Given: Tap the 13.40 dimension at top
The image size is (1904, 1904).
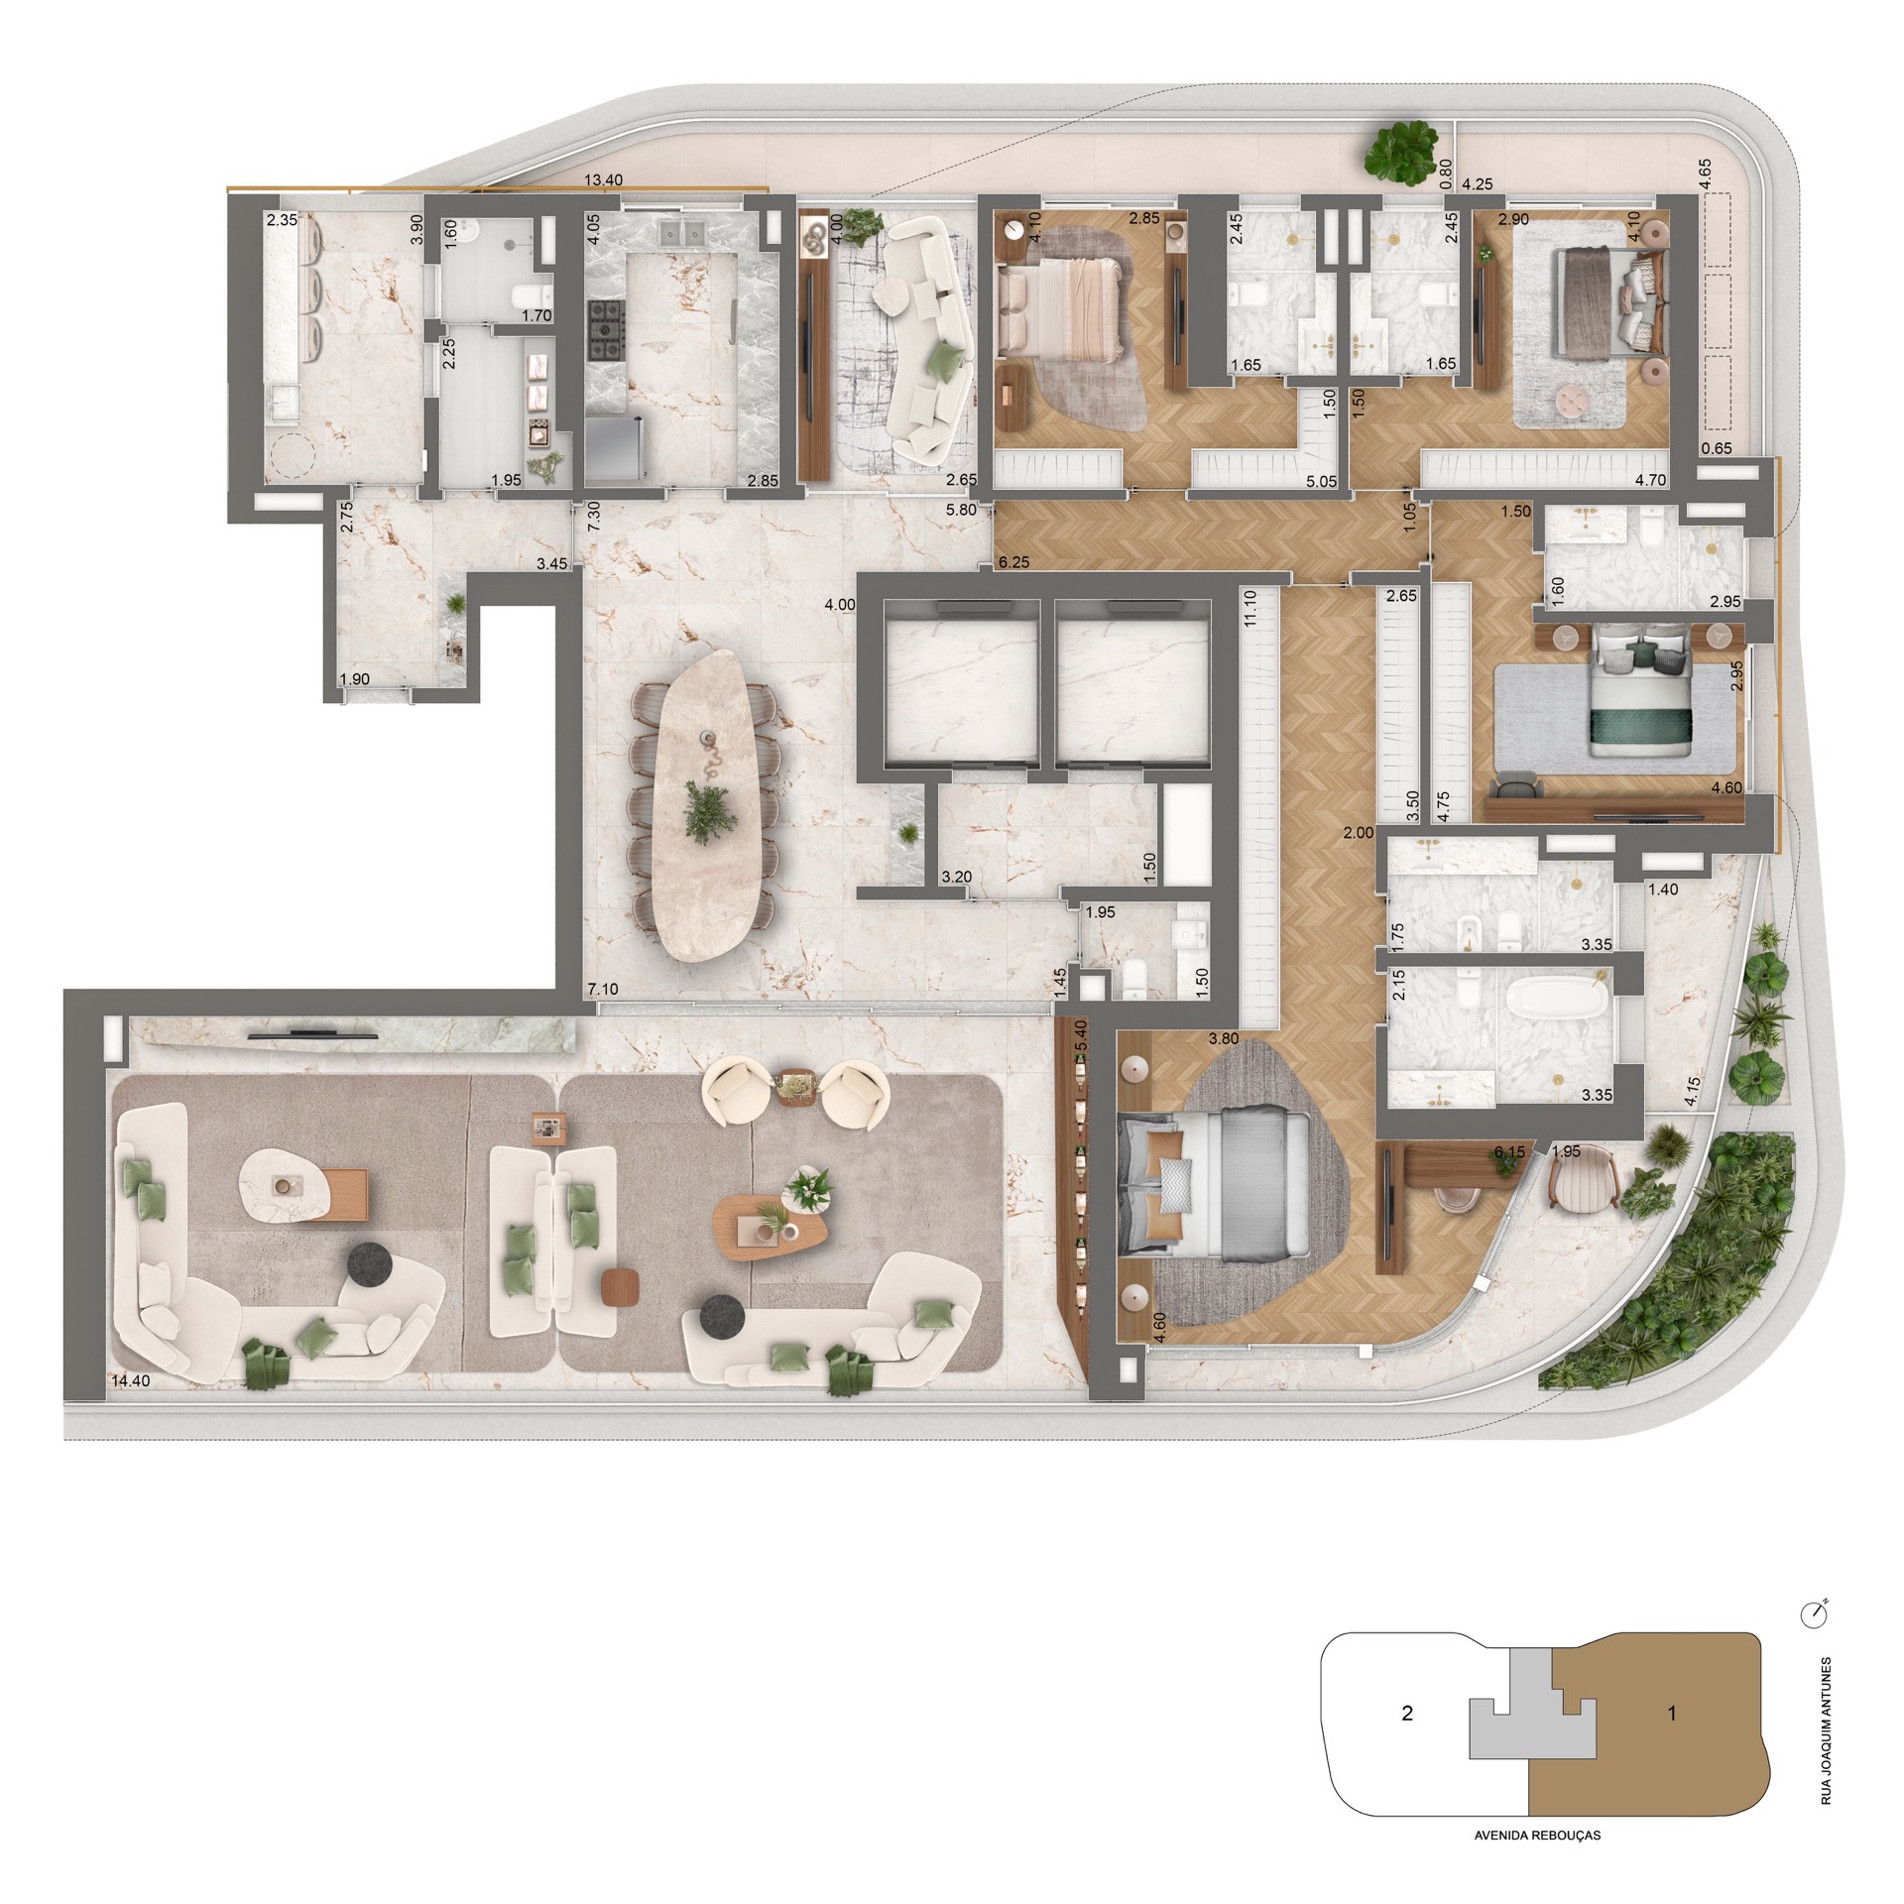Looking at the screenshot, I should point(603,180).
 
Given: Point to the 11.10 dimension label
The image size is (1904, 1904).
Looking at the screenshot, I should point(1249,609).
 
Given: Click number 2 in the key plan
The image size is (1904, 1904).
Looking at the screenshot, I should point(1406,1713).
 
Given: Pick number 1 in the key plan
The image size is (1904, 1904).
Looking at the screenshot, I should point(1672,1713).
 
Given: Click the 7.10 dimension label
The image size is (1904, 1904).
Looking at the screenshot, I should point(603,990).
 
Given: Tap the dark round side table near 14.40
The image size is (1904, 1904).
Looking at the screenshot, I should point(371,1263).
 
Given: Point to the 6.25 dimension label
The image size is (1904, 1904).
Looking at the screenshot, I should point(1013,562).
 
